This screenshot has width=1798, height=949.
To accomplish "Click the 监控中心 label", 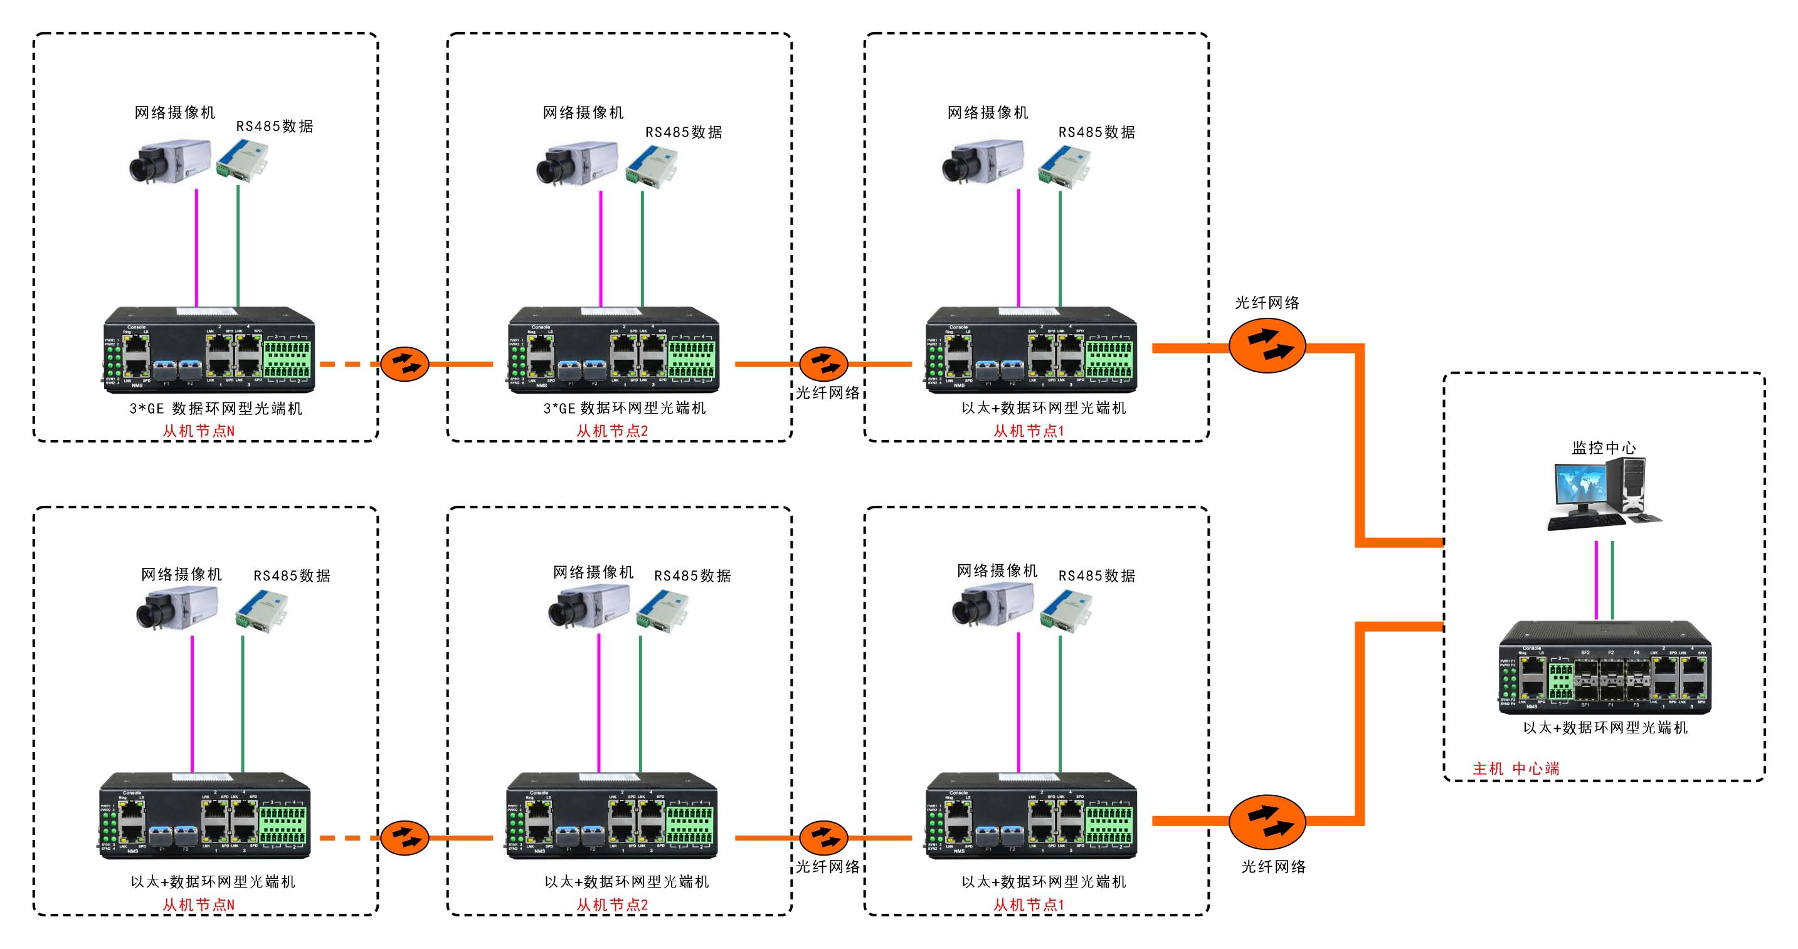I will click(1603, 448).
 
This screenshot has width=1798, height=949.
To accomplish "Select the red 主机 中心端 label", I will click(1515, 769).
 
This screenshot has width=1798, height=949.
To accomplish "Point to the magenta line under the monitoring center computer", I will click(1596, 580).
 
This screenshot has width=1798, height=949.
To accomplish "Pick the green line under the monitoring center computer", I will click(1612, 580).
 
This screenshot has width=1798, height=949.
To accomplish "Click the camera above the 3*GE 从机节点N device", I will click(169, 162).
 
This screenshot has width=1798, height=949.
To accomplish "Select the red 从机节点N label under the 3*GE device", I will click(198, 431).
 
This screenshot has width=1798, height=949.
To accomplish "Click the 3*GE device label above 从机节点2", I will click(625, 408).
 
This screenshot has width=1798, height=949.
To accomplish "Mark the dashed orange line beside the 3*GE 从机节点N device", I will click(347, 364).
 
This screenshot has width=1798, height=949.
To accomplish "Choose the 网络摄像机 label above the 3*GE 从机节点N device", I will click(174, 112).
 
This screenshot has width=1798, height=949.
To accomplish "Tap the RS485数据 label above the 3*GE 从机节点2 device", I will click(684, 132).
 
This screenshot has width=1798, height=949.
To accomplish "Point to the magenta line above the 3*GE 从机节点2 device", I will click(601, 248).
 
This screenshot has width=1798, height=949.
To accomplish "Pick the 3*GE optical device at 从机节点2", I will click(613, 350).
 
